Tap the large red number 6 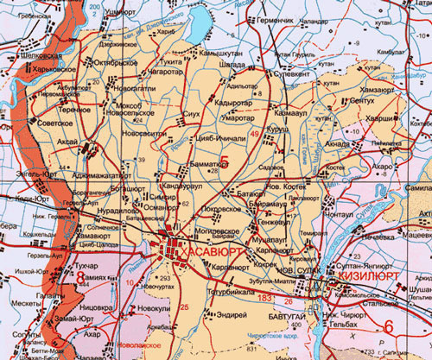[x=389, y=326]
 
